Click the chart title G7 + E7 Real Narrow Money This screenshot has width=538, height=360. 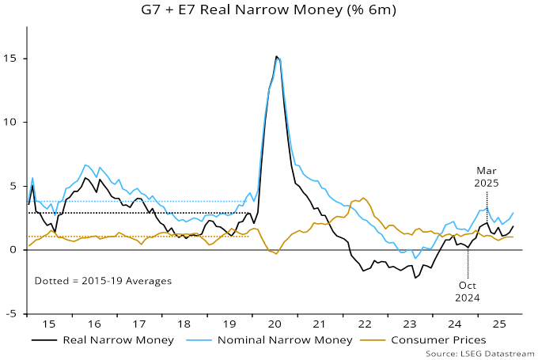tap(269, 10)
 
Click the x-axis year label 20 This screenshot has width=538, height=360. tap(276, 324)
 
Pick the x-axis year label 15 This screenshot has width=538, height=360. tap(49, 324)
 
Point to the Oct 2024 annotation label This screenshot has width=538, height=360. tap(468, 291)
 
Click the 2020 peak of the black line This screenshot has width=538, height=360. tap(276, 56)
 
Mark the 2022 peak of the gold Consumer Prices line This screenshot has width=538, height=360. tap(363, 198)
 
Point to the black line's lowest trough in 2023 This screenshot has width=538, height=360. tap(415, 278)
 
